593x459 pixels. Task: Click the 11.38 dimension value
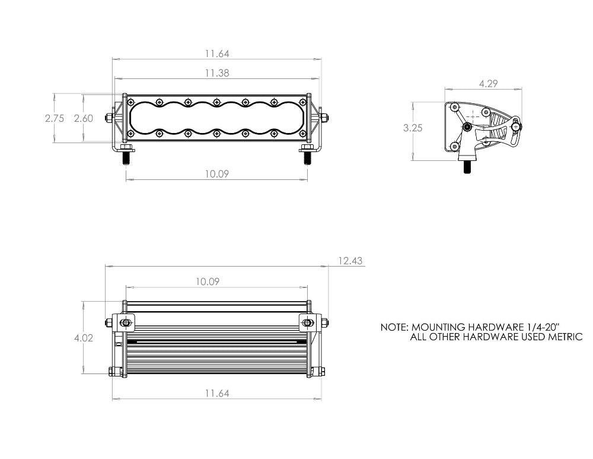(217, 74)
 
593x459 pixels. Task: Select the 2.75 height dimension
(55, 118)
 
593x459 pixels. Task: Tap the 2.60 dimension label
(83, 118)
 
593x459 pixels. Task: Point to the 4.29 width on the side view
(487, 84)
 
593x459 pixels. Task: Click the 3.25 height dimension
(413, 128)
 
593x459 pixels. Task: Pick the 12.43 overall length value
(350, 261)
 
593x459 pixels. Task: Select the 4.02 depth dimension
(83, 338)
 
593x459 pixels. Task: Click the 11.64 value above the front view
(217, 53)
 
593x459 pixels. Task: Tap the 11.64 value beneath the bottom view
(217, 393)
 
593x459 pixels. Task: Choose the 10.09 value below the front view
(217, 174)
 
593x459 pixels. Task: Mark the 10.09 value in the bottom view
(208, 282)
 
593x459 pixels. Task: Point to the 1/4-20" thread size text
(538, 327)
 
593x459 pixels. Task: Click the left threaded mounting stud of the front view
(126, 158)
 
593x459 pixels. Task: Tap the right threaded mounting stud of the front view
(307, 158)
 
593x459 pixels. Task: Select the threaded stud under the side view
(467, 166)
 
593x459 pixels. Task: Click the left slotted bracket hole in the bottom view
(126, 323)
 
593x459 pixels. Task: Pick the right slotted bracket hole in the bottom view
(307, 323)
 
